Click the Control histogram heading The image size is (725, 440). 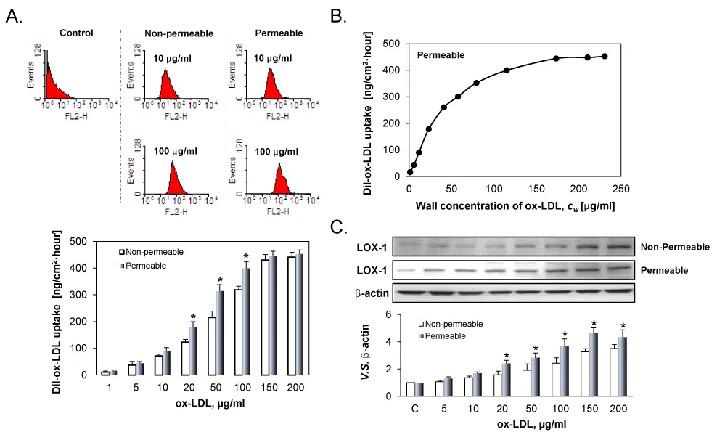(x=76, y=33)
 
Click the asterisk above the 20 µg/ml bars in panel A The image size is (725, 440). (x=194, y=317)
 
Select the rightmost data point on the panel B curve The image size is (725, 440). (x=605, y=56)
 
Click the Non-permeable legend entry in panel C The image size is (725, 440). (x=456, y=323)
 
